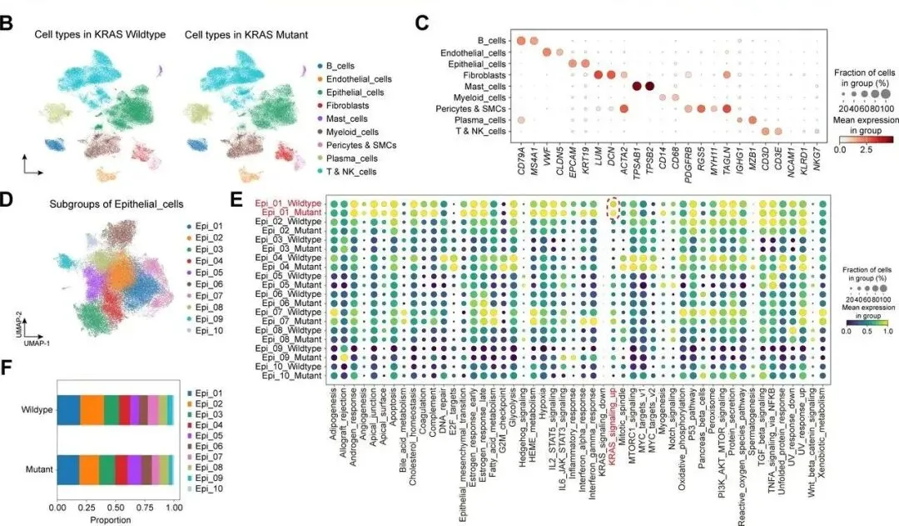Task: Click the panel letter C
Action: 422,23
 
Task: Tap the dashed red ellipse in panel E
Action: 614,208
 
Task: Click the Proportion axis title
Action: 115,518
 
